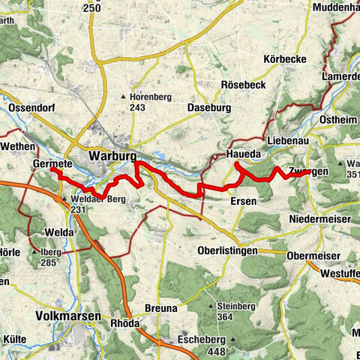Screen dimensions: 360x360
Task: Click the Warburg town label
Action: (x=112, y=156)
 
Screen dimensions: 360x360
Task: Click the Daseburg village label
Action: (x=205, y=108)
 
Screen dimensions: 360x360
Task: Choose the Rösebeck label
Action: (x=242, y=85)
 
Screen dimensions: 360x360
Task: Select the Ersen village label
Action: (x=244, y=202)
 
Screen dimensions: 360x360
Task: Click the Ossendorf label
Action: (x=33, y=109)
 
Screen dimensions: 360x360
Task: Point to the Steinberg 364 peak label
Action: (x=235, y=311)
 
